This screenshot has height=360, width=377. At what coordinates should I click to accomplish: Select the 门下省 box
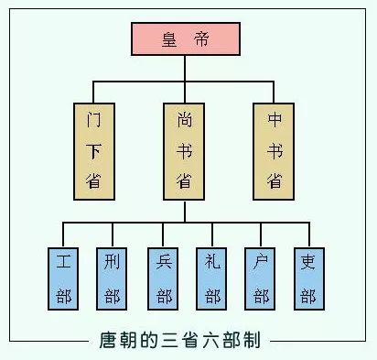92,151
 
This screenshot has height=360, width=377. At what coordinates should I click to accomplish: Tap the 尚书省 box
184,151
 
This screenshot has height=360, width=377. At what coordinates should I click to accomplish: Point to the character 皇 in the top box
166,38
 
